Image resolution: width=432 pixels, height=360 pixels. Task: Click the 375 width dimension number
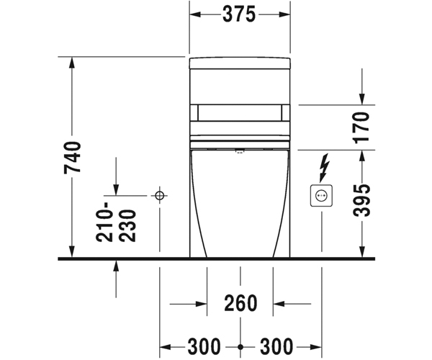click(239, 14)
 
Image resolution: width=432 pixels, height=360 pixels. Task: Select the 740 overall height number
click(73, 157)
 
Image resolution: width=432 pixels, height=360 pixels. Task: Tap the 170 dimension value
click(361, 127)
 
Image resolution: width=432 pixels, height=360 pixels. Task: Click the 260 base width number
click(240, 303)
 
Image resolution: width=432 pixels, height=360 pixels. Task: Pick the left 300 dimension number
click(204, 346)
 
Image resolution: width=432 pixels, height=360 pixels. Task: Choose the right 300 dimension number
click(276, 346)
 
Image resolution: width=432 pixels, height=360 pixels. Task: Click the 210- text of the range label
click(104, 222)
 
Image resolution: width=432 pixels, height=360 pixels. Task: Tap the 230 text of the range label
click(127, 226)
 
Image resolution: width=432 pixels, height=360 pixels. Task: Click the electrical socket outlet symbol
click(321, 196)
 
